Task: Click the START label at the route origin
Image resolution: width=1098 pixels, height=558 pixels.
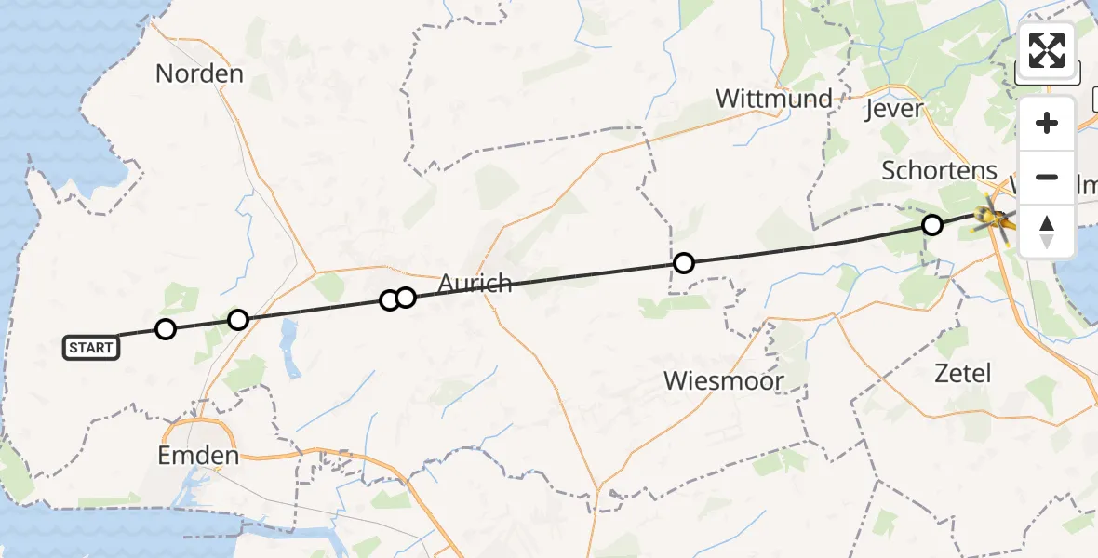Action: (x=91, y=348)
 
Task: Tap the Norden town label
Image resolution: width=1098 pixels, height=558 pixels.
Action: (x=199, y=73)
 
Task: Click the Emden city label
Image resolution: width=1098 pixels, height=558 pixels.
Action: (x=198, y=456)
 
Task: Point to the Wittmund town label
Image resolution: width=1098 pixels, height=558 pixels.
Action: (x=773, y=98)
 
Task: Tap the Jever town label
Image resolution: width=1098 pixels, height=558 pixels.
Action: (x=893, y=109)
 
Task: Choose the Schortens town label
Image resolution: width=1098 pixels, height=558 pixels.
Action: (x=939, y=171)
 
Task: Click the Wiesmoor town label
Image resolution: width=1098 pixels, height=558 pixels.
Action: (x=724, y=380)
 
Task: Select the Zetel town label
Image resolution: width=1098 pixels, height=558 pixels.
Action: (x=963, y=374)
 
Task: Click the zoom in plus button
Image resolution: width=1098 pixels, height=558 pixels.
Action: (x=1047, y=123)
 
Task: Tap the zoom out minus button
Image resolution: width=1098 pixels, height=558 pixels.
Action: (x=1047, y=177)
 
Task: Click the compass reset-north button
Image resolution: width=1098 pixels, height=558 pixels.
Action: (x=1047, y=231)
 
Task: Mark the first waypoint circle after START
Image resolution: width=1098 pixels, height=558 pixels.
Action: (x=166, y=328)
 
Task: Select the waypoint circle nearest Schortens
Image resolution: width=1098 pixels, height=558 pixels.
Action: (x=931, y=224)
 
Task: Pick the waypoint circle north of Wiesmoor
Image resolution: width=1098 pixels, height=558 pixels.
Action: (x=684, y=263)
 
